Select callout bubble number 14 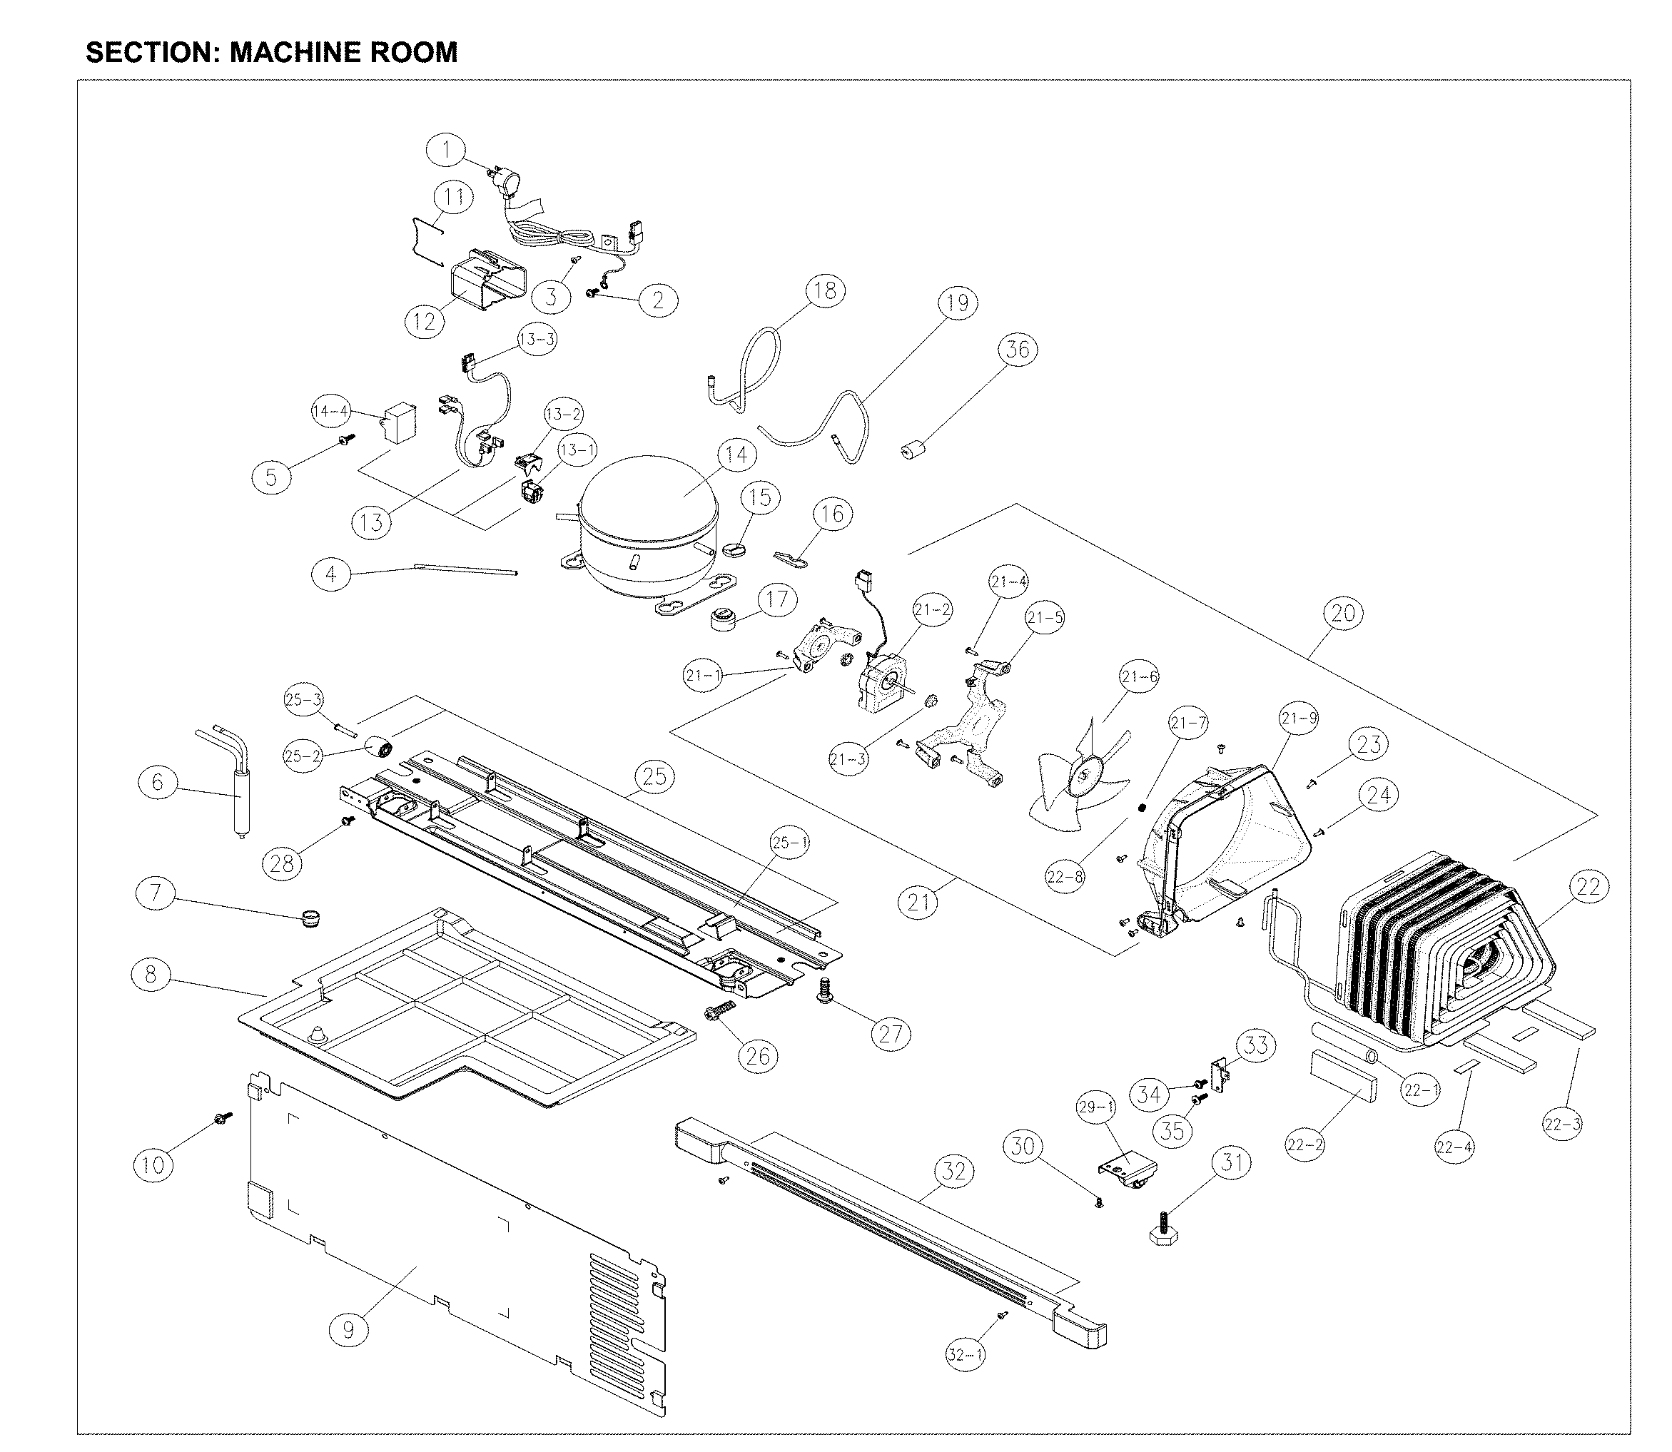(736, 455)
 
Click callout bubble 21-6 (1139, 677)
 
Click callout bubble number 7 (156, 894)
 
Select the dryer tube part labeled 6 (240, 802)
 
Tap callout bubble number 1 (446, 151)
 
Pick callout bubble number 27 (891, 1034)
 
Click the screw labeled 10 (221, 1118)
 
